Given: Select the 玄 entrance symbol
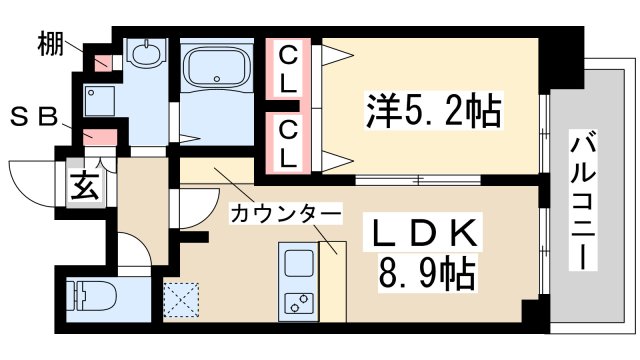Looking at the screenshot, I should coord(81,186).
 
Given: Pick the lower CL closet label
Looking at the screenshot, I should coord(288,142).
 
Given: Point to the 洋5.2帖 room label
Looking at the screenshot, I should coord(433,106).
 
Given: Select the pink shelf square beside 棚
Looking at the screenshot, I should coord(101,62).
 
